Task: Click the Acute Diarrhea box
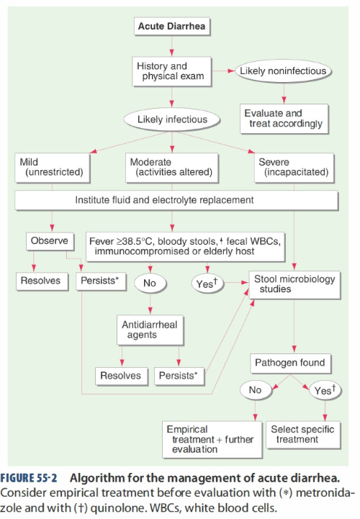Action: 172,26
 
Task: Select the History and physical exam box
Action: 171,71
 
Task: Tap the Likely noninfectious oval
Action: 283,71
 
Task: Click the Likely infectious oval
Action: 172,119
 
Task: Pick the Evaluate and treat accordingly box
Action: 284,119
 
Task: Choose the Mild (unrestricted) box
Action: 53,168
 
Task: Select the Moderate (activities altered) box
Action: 172,168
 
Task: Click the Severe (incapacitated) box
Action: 294,168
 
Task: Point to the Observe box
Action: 50,241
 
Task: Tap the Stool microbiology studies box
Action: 294,285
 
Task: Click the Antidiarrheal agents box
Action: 150,330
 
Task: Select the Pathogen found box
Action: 291,363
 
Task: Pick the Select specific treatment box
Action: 303,435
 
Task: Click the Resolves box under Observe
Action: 42,281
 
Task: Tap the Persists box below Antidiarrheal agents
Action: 179,376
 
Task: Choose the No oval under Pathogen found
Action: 256,390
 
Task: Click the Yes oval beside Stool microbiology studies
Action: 207,284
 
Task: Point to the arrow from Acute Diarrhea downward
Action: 171,45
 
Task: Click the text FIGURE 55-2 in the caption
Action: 29,479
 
